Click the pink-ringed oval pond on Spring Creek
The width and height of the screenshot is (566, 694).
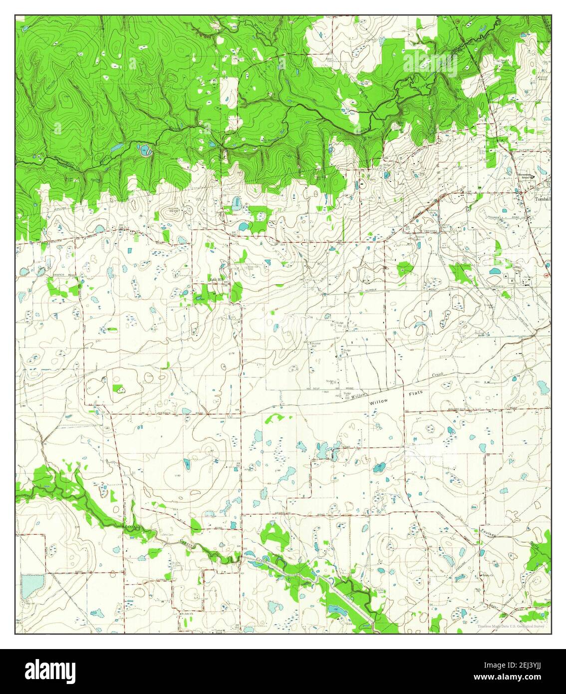145,150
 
